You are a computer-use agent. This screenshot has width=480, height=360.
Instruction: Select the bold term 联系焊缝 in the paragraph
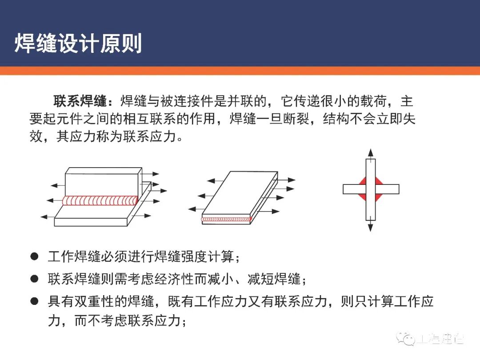[x=80, y=102]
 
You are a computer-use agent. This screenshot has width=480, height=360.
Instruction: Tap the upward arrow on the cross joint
[x=370, y=153]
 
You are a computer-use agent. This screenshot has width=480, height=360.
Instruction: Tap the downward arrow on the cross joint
[x=370, y=226]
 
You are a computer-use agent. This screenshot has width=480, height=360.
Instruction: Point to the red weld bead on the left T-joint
[x=100, y=201]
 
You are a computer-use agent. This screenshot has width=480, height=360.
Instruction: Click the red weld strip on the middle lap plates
[x=226, y=219]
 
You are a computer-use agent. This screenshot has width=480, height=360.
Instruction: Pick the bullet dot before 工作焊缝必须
[x=34, y=257]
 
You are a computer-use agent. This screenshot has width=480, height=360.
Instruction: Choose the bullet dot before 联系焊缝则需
[x=34, y=279]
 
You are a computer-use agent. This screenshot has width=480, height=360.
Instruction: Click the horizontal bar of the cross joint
[x=387, y=189]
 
